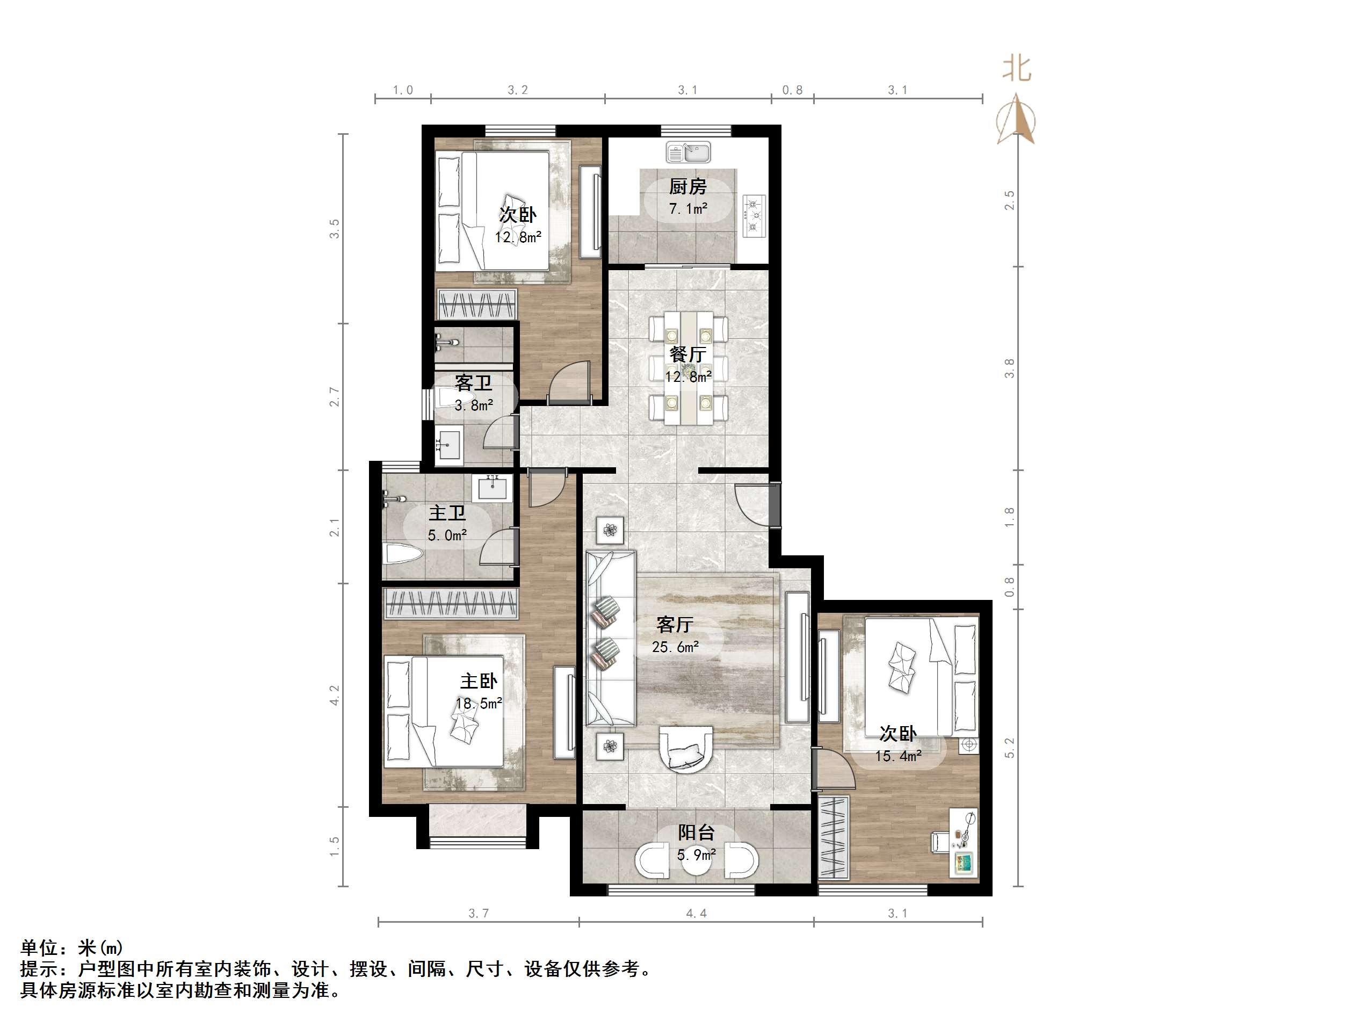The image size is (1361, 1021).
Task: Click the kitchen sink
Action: pyautogui.click(x=688, y=152)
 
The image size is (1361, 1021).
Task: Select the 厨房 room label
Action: pyautogui.click(x=688, y=186)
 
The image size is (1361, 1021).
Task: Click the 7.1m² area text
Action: pyautogui.click(x=688, y=208)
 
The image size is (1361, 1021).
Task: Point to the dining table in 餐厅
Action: pyautogui.click(x=689, y=367)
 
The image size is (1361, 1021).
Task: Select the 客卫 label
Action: pyautogui.click(x=473, y=383)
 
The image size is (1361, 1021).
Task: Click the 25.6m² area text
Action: pyautogui.click(x=675, y=647)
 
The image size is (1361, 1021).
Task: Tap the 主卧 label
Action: pyautogui.click(x=479, y=680)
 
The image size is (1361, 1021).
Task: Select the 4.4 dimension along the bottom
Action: pyautogui.click(x=696, y=913)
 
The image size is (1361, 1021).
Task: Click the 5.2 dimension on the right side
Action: pyautogui.click(x=1009, y=748)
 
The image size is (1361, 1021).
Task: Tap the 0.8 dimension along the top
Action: pyautogui.click(x=792, y=90)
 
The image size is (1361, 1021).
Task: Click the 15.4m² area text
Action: pyautogui.click(x=899, y=756)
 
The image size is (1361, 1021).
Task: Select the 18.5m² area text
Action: pyautogui.click(x=479, y=704)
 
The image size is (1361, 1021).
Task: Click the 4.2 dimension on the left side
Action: pyautogui.click(x=334, y=695)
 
